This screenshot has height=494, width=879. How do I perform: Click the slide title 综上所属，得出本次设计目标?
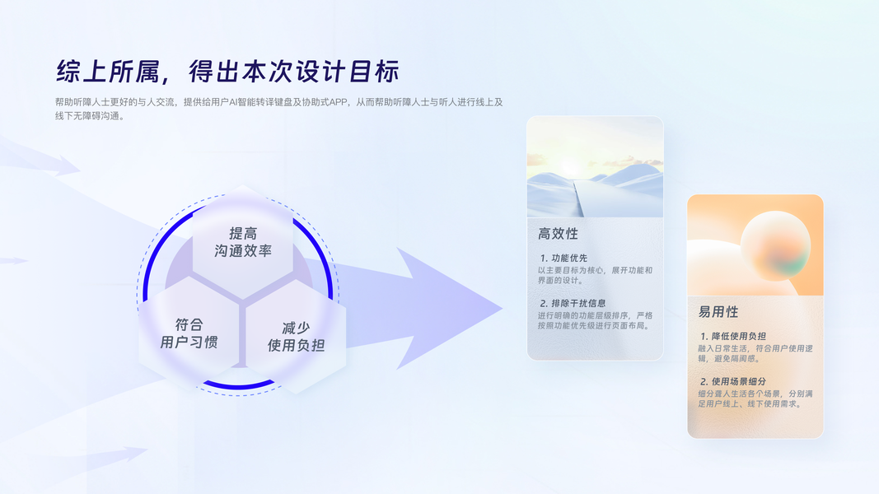(227, 72)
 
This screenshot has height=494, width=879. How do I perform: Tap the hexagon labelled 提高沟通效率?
(243, 242)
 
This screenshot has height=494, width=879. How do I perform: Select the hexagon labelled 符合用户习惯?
(189, 333)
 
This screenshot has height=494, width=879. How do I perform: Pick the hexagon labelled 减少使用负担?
(296, 337)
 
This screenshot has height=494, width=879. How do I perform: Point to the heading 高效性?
(558, 234)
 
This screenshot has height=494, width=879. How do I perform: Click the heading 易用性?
(718, 312)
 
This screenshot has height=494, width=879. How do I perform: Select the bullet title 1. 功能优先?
(563, 259)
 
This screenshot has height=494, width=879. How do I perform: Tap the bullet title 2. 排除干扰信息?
(573, 303)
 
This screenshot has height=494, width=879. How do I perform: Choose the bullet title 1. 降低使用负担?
(732, 336)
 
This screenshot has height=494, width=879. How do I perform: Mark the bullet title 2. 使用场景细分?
(732, 381)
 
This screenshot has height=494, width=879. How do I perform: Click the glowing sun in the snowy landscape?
(571, 167)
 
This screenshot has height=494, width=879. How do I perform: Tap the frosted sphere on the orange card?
(775, 246)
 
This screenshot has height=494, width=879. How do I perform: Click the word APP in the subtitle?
(338, 102)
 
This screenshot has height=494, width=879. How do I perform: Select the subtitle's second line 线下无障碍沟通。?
(90, 116)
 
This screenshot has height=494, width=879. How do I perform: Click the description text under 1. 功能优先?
(595, 275)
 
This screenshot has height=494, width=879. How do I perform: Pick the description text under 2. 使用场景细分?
(755, 398)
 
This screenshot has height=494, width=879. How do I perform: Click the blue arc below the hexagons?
(238, 385)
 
